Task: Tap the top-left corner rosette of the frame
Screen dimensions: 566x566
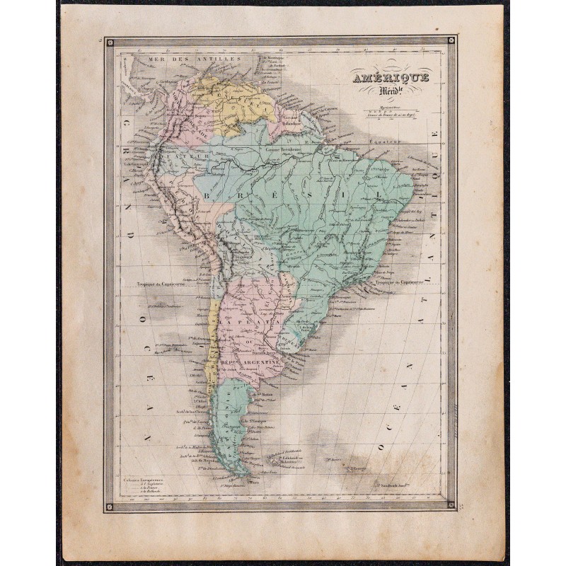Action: [110, 42]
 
